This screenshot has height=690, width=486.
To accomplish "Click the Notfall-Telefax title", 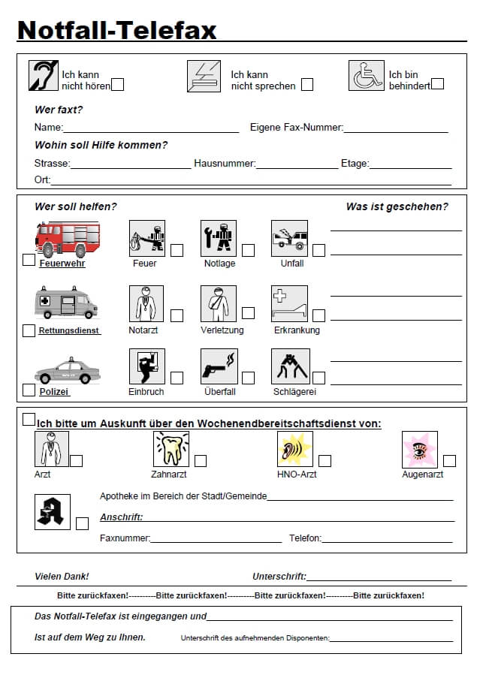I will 116,29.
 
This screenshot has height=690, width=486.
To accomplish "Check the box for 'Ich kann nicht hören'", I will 117,85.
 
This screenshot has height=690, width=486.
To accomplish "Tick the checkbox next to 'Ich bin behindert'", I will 438,83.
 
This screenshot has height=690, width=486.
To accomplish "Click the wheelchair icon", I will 367,76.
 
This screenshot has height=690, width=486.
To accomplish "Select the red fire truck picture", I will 68,239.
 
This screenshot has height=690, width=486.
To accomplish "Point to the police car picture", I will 67,371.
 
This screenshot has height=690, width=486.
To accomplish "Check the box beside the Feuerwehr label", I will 29,260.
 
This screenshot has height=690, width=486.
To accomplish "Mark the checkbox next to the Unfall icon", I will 319,251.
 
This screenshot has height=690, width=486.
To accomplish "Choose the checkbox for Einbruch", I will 177,378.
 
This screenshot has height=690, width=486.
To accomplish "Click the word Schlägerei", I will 294,392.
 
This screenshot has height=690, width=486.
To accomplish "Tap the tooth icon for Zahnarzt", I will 172,449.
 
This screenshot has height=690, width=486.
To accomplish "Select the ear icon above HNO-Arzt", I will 295,449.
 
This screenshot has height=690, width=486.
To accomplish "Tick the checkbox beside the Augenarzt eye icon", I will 449,461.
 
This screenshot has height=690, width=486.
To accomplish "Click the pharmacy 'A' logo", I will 53,511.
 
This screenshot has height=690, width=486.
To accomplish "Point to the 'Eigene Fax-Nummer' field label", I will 296,128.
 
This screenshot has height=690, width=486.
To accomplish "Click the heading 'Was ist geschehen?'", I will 397,206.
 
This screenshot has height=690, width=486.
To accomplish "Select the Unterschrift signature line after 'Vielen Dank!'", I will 379,577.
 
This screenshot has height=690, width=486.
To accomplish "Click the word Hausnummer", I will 225,164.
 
